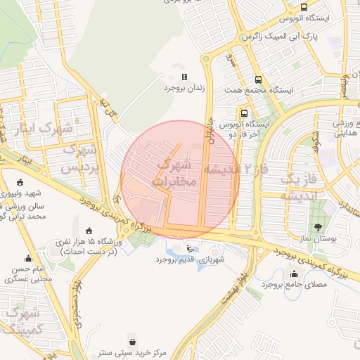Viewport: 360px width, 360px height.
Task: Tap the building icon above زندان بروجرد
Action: tap(184, 77)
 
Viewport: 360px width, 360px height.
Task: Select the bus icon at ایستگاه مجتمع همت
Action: tap(258, 79)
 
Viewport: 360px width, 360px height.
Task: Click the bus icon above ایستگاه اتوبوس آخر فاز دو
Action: tap(244, 113)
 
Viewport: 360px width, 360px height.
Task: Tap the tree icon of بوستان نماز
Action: tap(318, 227)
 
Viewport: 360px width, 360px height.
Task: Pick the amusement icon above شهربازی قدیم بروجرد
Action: tap(190, 247)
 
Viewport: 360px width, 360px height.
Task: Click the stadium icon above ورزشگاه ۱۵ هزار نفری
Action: tap(89, 231)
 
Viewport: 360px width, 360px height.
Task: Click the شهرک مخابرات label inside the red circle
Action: tap(176, 173)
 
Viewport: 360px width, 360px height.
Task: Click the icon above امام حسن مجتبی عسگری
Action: tap(28, 257)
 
